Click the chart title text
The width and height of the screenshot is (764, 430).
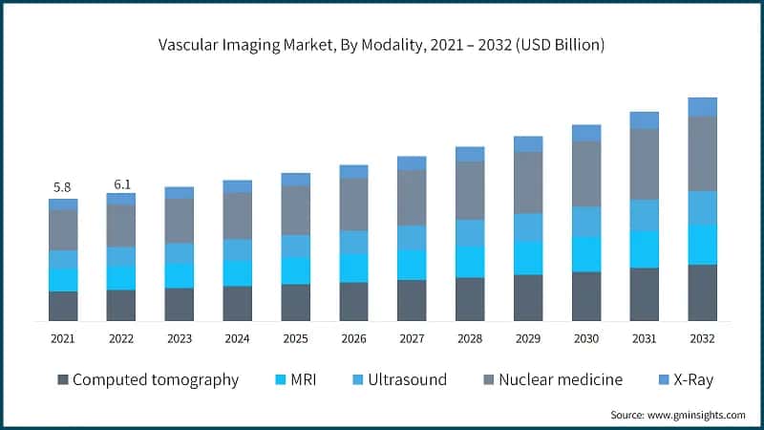[382, 45]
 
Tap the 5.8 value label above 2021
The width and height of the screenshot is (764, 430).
[63, 187]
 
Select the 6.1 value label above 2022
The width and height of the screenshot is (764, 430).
[121, 182]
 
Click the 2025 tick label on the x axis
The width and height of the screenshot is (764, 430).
[295, 338]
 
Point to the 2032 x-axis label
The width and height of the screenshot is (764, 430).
[702, 338]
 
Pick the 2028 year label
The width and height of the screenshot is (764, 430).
[470, 338]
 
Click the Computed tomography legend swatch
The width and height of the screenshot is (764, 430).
[63, 380]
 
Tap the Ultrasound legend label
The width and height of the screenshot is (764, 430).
[399, 380]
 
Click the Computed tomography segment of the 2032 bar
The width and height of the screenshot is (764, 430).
[702, 292]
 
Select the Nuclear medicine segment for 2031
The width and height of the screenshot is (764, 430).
[644, 164]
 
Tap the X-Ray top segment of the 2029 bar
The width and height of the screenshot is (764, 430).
[528, 144]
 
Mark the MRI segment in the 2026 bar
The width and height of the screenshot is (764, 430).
[353, 269]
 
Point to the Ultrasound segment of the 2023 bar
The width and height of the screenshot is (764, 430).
[179, 253]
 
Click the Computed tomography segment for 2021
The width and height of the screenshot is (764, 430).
[63, 306]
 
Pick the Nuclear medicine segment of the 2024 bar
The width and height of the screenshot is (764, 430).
[237, 216]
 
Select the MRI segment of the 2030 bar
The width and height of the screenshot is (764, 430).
[586, 254]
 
